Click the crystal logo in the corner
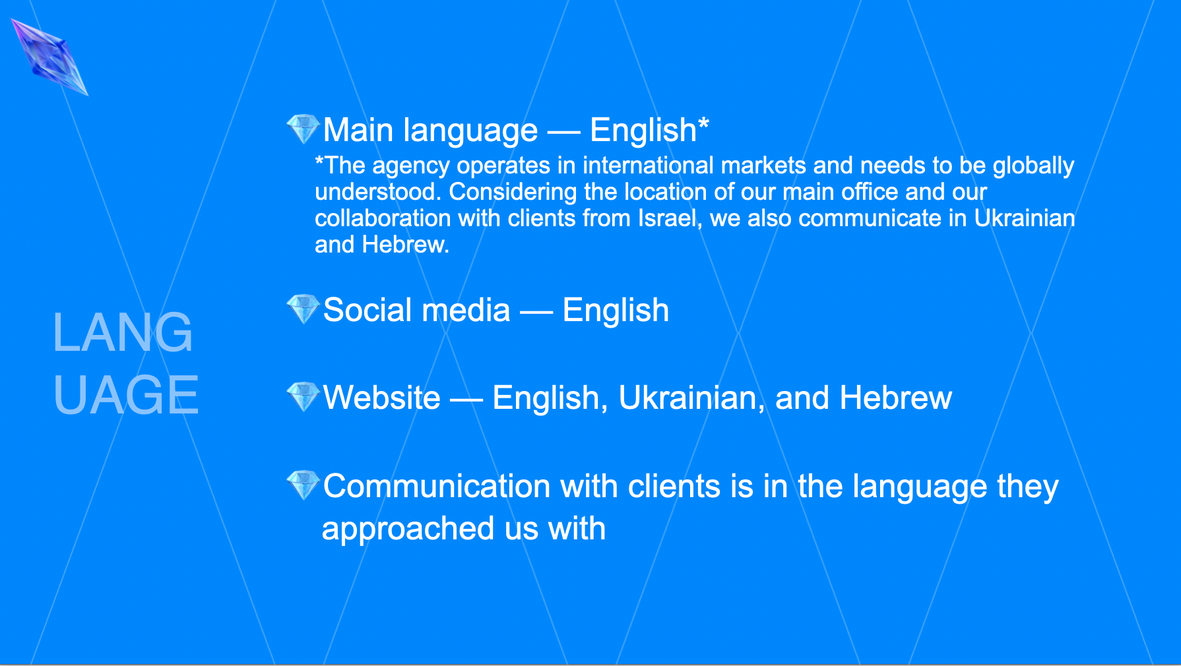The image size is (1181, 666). (49, 57)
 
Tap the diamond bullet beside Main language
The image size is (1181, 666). (303, 129)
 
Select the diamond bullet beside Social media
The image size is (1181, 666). (303, 309)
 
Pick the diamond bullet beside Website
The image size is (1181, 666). (303, 396)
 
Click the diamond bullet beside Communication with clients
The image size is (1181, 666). (303, 485)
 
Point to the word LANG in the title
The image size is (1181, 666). (123, 332)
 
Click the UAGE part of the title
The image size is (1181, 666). (126, 395)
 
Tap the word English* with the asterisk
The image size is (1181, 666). (650, 130)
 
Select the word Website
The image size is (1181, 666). (382, 398)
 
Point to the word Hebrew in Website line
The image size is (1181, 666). (896, 398)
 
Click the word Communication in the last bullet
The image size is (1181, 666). (437, 487)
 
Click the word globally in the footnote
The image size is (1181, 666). (1034, 166)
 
